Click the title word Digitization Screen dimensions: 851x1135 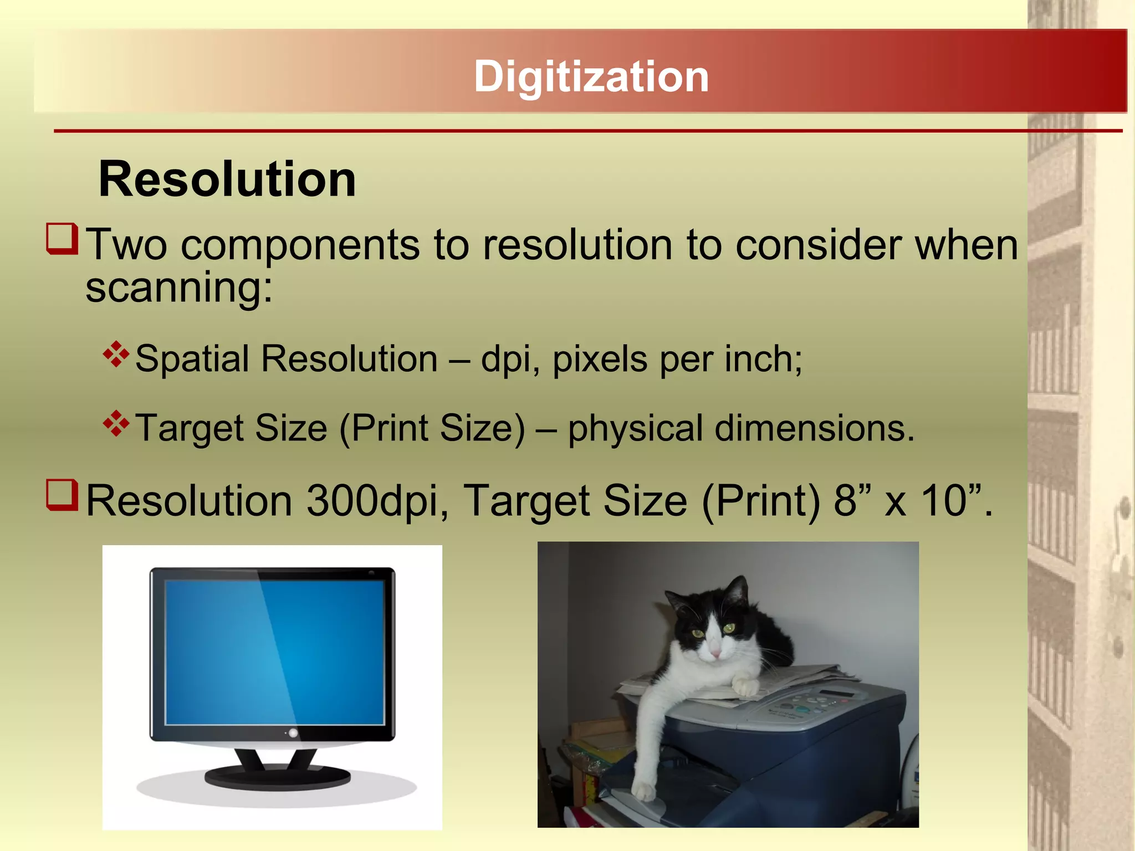click(591, 76)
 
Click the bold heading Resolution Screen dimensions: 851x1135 click(227, 179)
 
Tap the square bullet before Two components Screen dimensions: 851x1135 click(62, 239)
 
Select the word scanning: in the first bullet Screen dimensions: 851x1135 click(179, 288)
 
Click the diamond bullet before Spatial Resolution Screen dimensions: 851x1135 click(116, 355)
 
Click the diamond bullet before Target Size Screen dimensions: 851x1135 click(116, 424)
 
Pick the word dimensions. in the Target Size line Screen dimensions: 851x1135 click(814, 428)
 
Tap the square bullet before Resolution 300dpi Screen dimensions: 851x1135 click(62, 495)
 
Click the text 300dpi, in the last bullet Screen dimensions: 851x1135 click(377, 501)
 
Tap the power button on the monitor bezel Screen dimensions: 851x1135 click(293, 733)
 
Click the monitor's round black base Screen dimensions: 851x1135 click(277, 777)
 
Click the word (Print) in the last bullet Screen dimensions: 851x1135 click(761, 501)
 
